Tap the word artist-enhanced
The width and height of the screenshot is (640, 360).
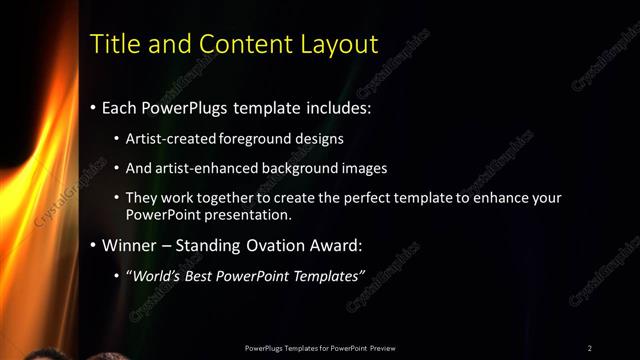click(201, 168)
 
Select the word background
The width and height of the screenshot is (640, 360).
click(295, 168)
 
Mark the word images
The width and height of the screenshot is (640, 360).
click(360, 168)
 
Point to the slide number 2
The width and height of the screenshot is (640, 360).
click(590, 347)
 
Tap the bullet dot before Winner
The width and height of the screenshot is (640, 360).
click(94, 245)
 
